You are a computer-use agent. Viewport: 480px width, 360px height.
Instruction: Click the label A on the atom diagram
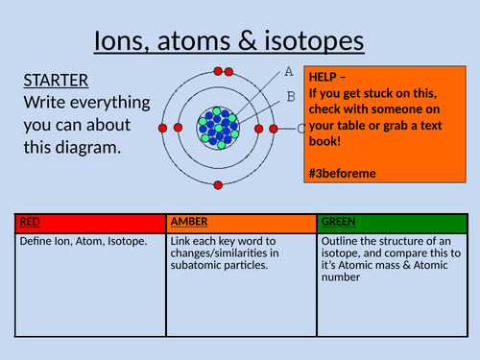(x=289, y=71)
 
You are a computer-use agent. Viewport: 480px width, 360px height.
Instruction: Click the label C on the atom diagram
(x=301, y=129)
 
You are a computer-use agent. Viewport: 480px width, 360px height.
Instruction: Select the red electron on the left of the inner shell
(x=193, y=127)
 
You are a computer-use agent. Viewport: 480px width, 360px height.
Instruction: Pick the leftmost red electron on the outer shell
(x=163, y=128)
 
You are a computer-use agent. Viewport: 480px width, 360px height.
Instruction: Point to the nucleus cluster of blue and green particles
(x=220, y=127)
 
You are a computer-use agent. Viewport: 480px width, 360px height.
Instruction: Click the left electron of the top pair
(x=219, y=71)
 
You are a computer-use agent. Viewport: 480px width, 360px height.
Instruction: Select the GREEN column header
(x=339, y=222)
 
